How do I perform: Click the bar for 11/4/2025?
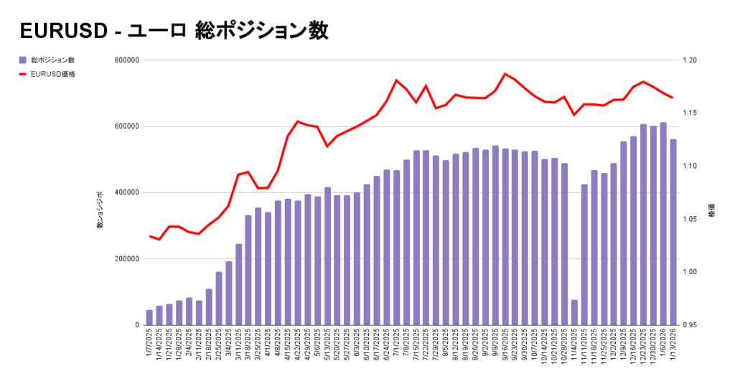click(574, 312)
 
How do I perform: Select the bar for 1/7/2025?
click(149, 317)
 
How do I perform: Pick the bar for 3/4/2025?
click(228, 293)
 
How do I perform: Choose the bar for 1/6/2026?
click(663, 223)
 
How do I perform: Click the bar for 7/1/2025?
click(396, 247)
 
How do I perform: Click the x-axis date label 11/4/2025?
click(575, 347)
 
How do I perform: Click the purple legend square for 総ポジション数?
click(24, 60)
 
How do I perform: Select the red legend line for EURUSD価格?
click(24, 73)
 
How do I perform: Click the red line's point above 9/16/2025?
click(505, 74)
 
